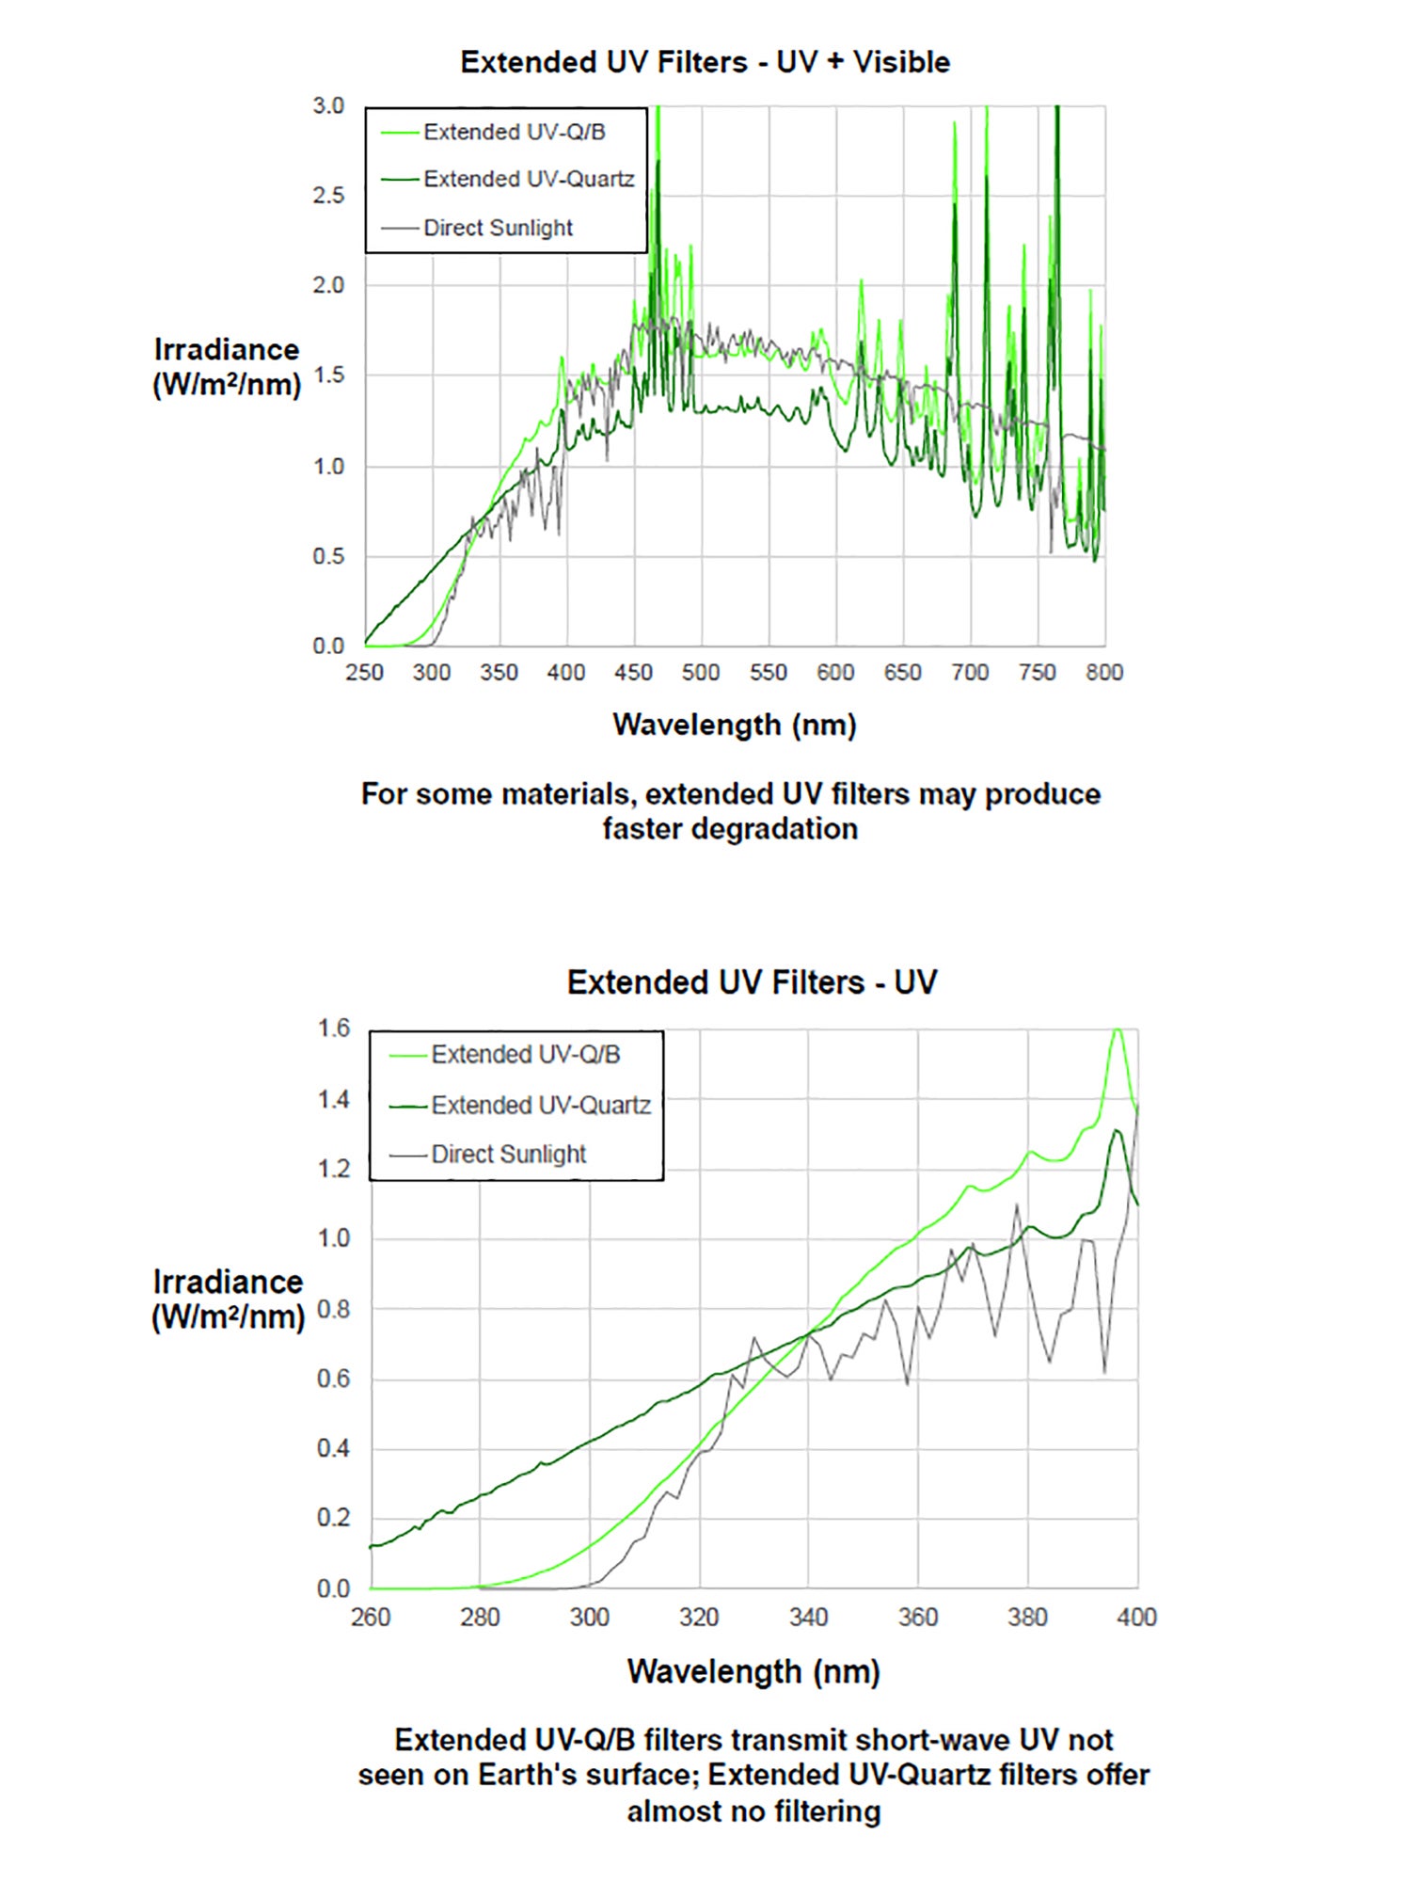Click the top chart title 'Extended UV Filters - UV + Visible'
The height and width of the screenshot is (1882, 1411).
tap(705, 62)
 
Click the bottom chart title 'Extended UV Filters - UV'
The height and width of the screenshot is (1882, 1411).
tap(752, 982)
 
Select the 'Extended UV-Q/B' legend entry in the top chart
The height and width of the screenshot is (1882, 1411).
tap(514, 132)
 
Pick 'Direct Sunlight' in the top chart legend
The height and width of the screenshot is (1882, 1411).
tap(498, 228)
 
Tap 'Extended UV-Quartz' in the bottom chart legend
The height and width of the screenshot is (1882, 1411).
tap(540, 1105)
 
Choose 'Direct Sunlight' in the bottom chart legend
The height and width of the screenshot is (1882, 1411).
tap(508, 1154)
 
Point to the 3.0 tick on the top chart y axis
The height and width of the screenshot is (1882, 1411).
tap(328, 106)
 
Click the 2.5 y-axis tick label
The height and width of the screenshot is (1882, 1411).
tap(328, 196)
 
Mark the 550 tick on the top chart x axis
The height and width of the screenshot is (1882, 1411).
tap(769, 673)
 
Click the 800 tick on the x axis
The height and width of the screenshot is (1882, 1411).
tap(1104, 673)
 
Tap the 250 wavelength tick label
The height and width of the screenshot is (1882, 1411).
tap(365, 673)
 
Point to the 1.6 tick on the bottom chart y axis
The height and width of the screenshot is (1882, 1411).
tap(334, 1029)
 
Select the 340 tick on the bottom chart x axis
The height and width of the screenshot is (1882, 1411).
tap(808, 1618)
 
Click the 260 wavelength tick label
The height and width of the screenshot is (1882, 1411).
tap(371, 1618)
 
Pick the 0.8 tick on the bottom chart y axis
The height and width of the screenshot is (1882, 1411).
tap(334, 1309)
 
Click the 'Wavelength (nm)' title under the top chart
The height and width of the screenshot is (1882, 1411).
tap(735, 725)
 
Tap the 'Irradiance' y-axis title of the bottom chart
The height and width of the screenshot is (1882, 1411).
tap(228, 1283)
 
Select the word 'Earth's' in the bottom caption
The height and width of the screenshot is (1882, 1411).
tap(524, 1775)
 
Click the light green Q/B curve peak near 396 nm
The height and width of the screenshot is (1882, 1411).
tap(1117, 1031)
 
